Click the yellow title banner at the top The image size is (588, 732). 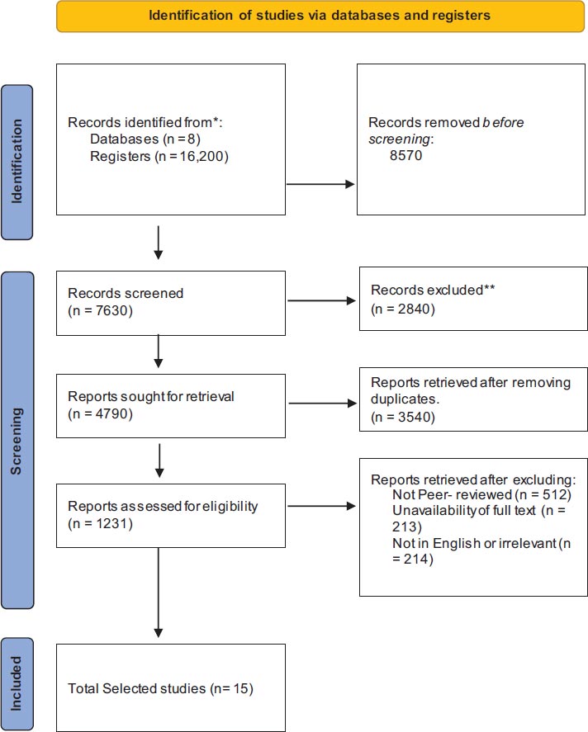tap(320, 16)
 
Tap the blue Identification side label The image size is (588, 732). tap(17, 162)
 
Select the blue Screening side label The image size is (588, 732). tap(17, 440)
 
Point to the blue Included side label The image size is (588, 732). tap(17, 683)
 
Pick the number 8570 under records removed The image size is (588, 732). tap(405, 155)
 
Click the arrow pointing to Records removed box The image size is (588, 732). tap(320, 184)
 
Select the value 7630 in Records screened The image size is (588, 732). tap(111, 310)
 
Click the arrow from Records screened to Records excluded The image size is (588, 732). tap(322, 300)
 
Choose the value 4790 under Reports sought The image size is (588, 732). tap(111, 413)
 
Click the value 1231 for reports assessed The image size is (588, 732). tap(111, 523)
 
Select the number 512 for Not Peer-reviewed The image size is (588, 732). tap(554, 494)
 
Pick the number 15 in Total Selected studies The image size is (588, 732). tap(240, 688)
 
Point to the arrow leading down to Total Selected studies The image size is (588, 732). tap(159, 593)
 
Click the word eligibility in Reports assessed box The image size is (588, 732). tap(230, 507)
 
